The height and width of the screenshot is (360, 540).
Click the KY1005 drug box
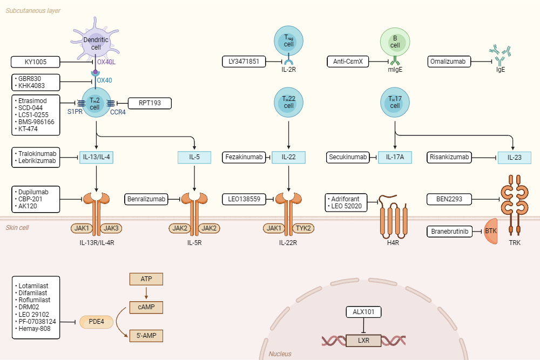(36, 62)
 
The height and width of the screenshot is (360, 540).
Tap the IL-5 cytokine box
(194, 158)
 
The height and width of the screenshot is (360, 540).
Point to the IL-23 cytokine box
(514, 158)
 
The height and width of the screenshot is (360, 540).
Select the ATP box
(146, 280)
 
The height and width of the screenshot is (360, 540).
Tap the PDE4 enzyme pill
(98, 322)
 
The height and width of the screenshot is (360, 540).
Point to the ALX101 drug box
(363, 312)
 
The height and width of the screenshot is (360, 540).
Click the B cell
(395, 42)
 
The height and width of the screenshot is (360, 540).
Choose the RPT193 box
(149, 103)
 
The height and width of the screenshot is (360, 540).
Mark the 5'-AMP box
(146, 336)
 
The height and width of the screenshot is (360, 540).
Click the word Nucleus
(280, 354)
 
